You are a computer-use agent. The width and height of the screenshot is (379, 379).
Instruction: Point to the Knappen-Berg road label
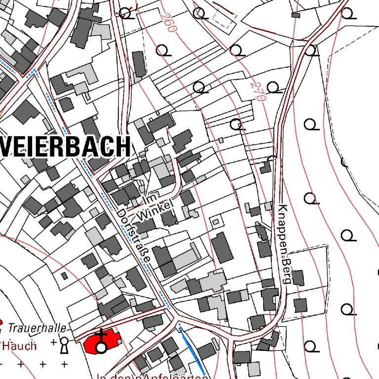coord(282,244)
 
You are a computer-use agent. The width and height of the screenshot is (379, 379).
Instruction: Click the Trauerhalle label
coord(37,327)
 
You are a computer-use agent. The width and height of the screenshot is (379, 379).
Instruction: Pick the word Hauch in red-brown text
coord(20,345)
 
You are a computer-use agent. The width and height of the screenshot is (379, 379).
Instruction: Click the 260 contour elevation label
coord(168,22)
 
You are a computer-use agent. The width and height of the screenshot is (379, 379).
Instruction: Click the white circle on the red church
coord(101,348)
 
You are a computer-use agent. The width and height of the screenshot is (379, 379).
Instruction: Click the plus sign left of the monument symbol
coord(53,341)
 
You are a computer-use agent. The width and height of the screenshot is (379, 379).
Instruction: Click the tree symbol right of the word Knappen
coord(310,198)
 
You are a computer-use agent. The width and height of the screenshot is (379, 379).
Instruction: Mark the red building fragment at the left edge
coord(1,323)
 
